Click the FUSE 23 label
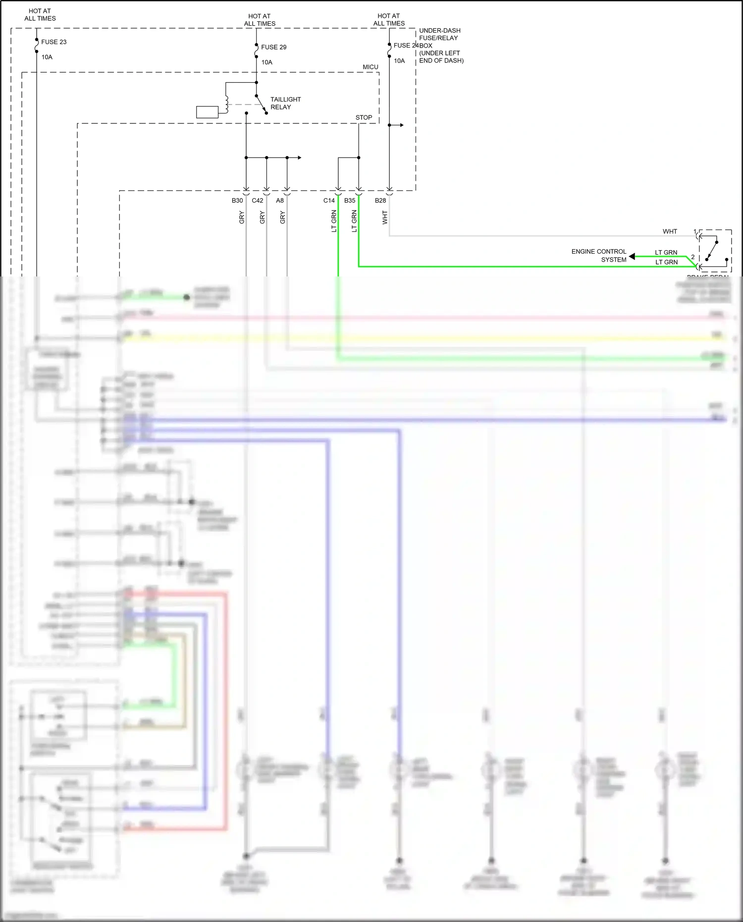[x=53, y=42]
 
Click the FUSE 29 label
[x=273, y=47]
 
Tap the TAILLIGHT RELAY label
[x=285, y=103]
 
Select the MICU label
[x=370, y=67]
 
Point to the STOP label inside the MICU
[x=364, y=117]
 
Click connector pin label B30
[x=237, y=201]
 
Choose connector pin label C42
[x=258, y=201]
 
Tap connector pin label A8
[x=280, y=201]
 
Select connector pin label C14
[x=329, y=201]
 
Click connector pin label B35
[x=350, y=201]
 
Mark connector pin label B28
[x=380, y=201]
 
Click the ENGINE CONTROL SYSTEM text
[x=599, y=256]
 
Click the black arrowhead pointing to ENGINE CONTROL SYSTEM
[x=632, y=256]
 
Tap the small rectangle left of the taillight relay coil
[x=207, y=112]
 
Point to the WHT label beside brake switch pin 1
[x=670, y=231]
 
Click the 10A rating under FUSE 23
[x=47, y=57]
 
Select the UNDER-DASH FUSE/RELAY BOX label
[x=441, y=46]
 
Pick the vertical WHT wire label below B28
[x=385, y=217]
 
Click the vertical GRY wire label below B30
[x=242, y=217]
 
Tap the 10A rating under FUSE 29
[x=266, y=62]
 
